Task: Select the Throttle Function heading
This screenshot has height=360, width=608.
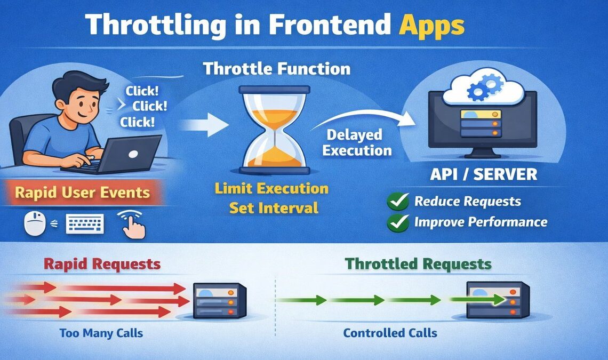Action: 277,69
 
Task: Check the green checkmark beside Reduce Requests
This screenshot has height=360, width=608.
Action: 398,201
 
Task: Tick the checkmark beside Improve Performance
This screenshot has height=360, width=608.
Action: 398,222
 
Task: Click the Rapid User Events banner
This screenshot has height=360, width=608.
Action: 82,193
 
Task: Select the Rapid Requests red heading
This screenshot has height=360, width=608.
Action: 102,263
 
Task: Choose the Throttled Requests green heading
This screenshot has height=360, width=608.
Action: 418,263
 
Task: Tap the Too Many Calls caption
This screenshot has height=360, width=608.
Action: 101,333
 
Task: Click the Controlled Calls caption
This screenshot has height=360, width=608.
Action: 390,333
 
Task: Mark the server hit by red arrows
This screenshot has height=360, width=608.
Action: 219,300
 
